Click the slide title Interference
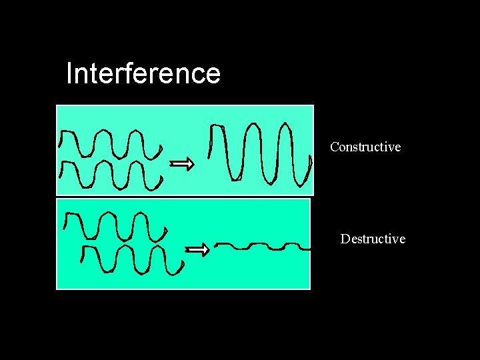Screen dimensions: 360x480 [143, 73]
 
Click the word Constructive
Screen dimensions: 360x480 [365, 147]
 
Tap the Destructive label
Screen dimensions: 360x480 [373, 239]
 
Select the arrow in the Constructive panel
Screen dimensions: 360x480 [182, 163]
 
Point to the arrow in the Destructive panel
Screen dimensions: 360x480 [197, 250]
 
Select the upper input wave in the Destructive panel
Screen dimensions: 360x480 [113, 227]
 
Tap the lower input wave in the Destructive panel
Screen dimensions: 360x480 [130, 259]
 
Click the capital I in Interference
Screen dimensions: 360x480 [69, 73]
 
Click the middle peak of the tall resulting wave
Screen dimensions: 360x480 [253, 125]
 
